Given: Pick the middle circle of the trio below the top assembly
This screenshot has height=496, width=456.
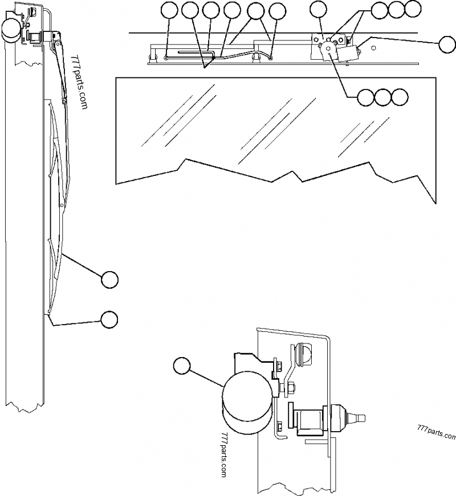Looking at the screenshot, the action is [x=383, y=97].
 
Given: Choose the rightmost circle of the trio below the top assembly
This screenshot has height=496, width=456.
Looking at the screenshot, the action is [x=400, y=97].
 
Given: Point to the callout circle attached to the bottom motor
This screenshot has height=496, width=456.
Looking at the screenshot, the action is [x=182, y=366].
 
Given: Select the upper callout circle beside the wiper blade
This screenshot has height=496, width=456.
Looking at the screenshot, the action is [x=109, y=279].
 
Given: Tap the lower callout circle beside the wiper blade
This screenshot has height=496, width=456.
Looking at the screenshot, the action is [x=109, y=319].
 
